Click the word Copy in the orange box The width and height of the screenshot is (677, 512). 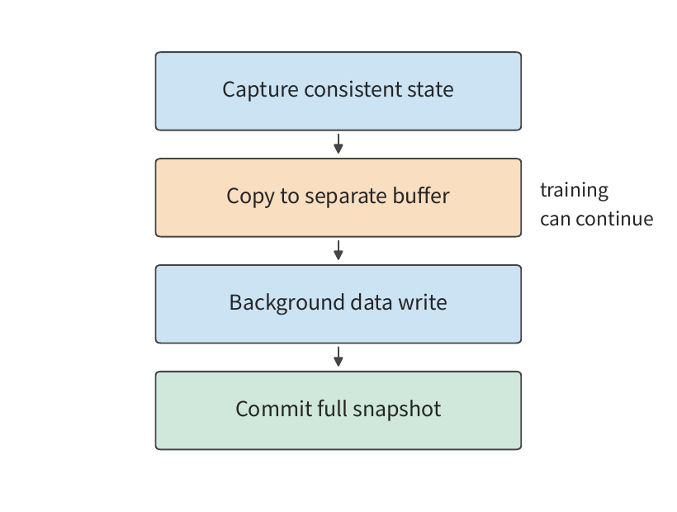point(250,197)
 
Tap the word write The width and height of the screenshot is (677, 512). point(422,301)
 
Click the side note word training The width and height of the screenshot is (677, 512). point(575,191)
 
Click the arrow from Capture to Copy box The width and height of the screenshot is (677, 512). point(338,144)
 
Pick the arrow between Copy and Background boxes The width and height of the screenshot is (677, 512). point(338,250)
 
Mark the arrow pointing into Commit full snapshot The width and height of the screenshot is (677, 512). point(338,357)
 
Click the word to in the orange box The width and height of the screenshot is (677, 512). point(290,197)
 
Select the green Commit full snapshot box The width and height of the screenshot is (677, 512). point(338,410)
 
